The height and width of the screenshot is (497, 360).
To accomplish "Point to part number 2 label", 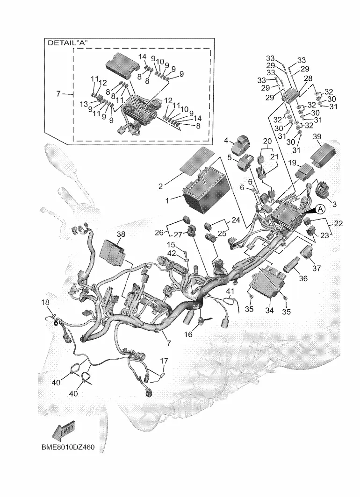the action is coord(160,186).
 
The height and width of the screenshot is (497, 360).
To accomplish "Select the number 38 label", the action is coord(121,234).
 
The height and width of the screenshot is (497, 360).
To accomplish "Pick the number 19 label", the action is coord(292,163).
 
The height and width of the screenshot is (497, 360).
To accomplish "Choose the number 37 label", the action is coord(317,268).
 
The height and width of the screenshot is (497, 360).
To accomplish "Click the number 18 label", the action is coord(45,302).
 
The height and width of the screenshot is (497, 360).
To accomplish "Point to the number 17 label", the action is coord(164,361).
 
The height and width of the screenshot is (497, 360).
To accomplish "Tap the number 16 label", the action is coord(188,334).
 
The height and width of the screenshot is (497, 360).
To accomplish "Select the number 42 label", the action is coord(171,253).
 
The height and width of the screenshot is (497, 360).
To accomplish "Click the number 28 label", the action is coord(308,78).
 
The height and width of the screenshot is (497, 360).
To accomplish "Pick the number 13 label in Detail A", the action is coord(83,104).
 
